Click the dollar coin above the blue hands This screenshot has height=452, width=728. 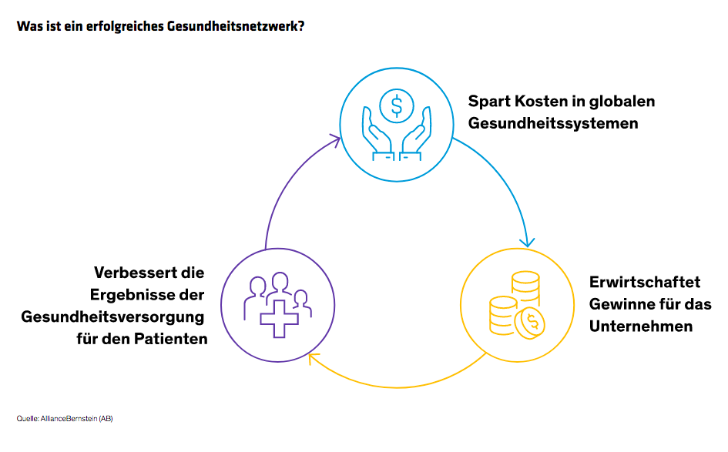[397, 105]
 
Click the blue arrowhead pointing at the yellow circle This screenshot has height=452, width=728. [527, 242]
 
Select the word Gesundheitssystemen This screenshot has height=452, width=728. [553, 123]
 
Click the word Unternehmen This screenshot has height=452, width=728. [640, 326]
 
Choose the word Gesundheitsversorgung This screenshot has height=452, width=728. [112, 316]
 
